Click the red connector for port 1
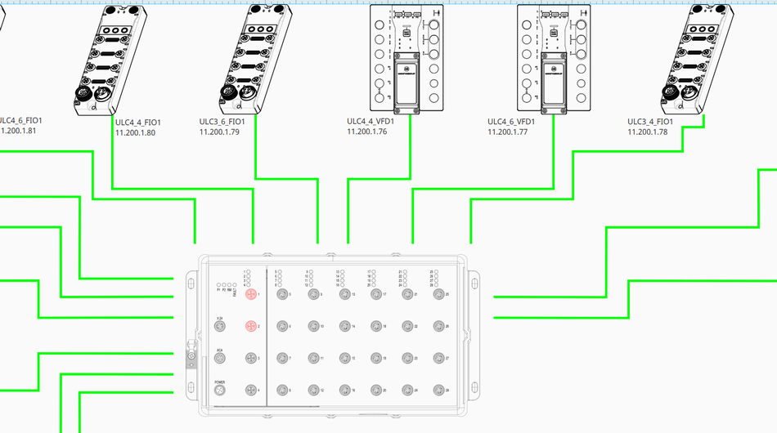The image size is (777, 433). [x=251, y=294]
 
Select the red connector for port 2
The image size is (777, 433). [x=251, y=327]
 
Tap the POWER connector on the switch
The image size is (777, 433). [x=219, y=391]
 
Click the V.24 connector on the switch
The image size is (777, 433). [x=219, y=327]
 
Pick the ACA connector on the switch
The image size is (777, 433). [x=219, y=359]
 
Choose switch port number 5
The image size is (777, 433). [x=281, y=294]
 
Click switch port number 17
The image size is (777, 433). [x=375, y=294]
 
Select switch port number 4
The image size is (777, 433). [x=251, y=391]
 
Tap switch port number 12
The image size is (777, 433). [x=313, y=391]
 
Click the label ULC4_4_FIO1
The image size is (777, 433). [x=137, y=123]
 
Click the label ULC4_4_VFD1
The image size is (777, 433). [x=371, y=122]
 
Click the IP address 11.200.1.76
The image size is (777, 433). [x=366, y=132]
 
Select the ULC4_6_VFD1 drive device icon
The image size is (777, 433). [x=554, y=57]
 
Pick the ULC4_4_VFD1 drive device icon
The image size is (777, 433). [x=406, y=57]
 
